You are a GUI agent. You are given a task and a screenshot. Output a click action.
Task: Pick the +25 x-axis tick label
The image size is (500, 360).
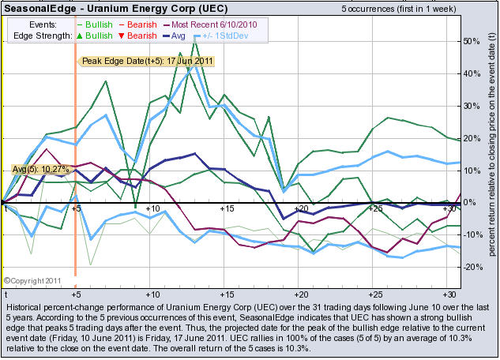(x=376, y=208)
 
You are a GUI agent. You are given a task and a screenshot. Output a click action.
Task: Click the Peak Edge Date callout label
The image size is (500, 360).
(x=148, y=61)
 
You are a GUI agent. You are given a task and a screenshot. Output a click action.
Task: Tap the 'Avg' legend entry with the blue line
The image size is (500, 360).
(x=179, y=36)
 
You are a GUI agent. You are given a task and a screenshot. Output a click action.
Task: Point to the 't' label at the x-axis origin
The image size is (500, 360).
(x=6, y=208)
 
